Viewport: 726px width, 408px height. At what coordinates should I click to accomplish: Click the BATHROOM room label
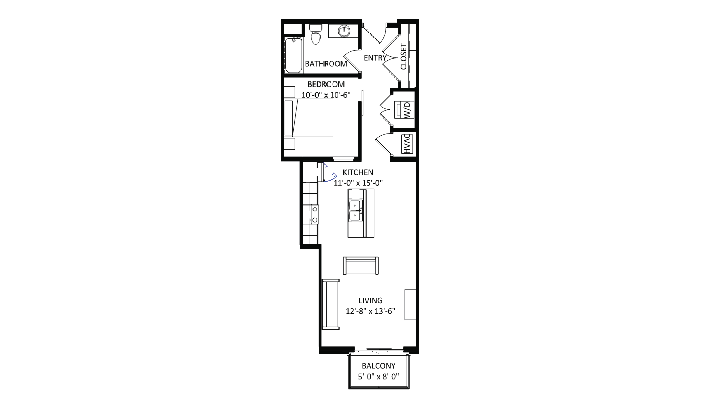tap(326, 64)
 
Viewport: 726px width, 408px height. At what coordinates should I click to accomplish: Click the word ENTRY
tap(375, 58)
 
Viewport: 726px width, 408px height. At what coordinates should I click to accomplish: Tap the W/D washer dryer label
tap(408, 110)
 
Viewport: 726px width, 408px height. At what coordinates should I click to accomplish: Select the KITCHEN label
tap(358, 172)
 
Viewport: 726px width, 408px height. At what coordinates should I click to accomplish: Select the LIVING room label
tap(371, 300)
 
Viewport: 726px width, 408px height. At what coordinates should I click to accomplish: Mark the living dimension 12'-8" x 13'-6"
tap(371, 311)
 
